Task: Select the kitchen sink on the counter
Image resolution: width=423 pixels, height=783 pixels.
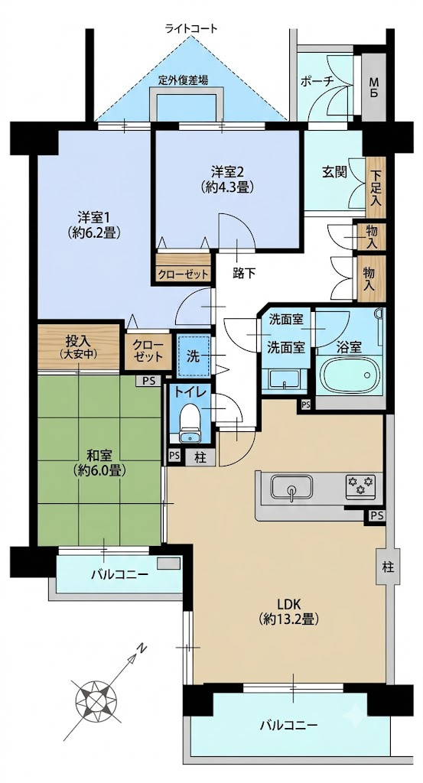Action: tap(292, 487)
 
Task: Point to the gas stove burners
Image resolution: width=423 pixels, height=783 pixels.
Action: tap(360, 484)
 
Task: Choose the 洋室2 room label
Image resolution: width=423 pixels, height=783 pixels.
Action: tap(227, 179)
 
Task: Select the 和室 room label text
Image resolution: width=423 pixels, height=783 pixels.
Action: tap(99, 463)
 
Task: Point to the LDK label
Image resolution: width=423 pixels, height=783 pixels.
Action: tap(289, 611)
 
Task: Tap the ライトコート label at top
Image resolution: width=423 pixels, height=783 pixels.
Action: tap(192, 28)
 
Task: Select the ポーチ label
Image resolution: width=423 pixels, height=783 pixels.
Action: tap(317, 82)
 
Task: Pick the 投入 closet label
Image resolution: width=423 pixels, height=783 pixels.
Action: tap(78, 346)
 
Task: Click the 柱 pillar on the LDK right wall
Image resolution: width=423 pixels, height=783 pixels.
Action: tap(388, 567)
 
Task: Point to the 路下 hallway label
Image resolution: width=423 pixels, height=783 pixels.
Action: tap(244, 273)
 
